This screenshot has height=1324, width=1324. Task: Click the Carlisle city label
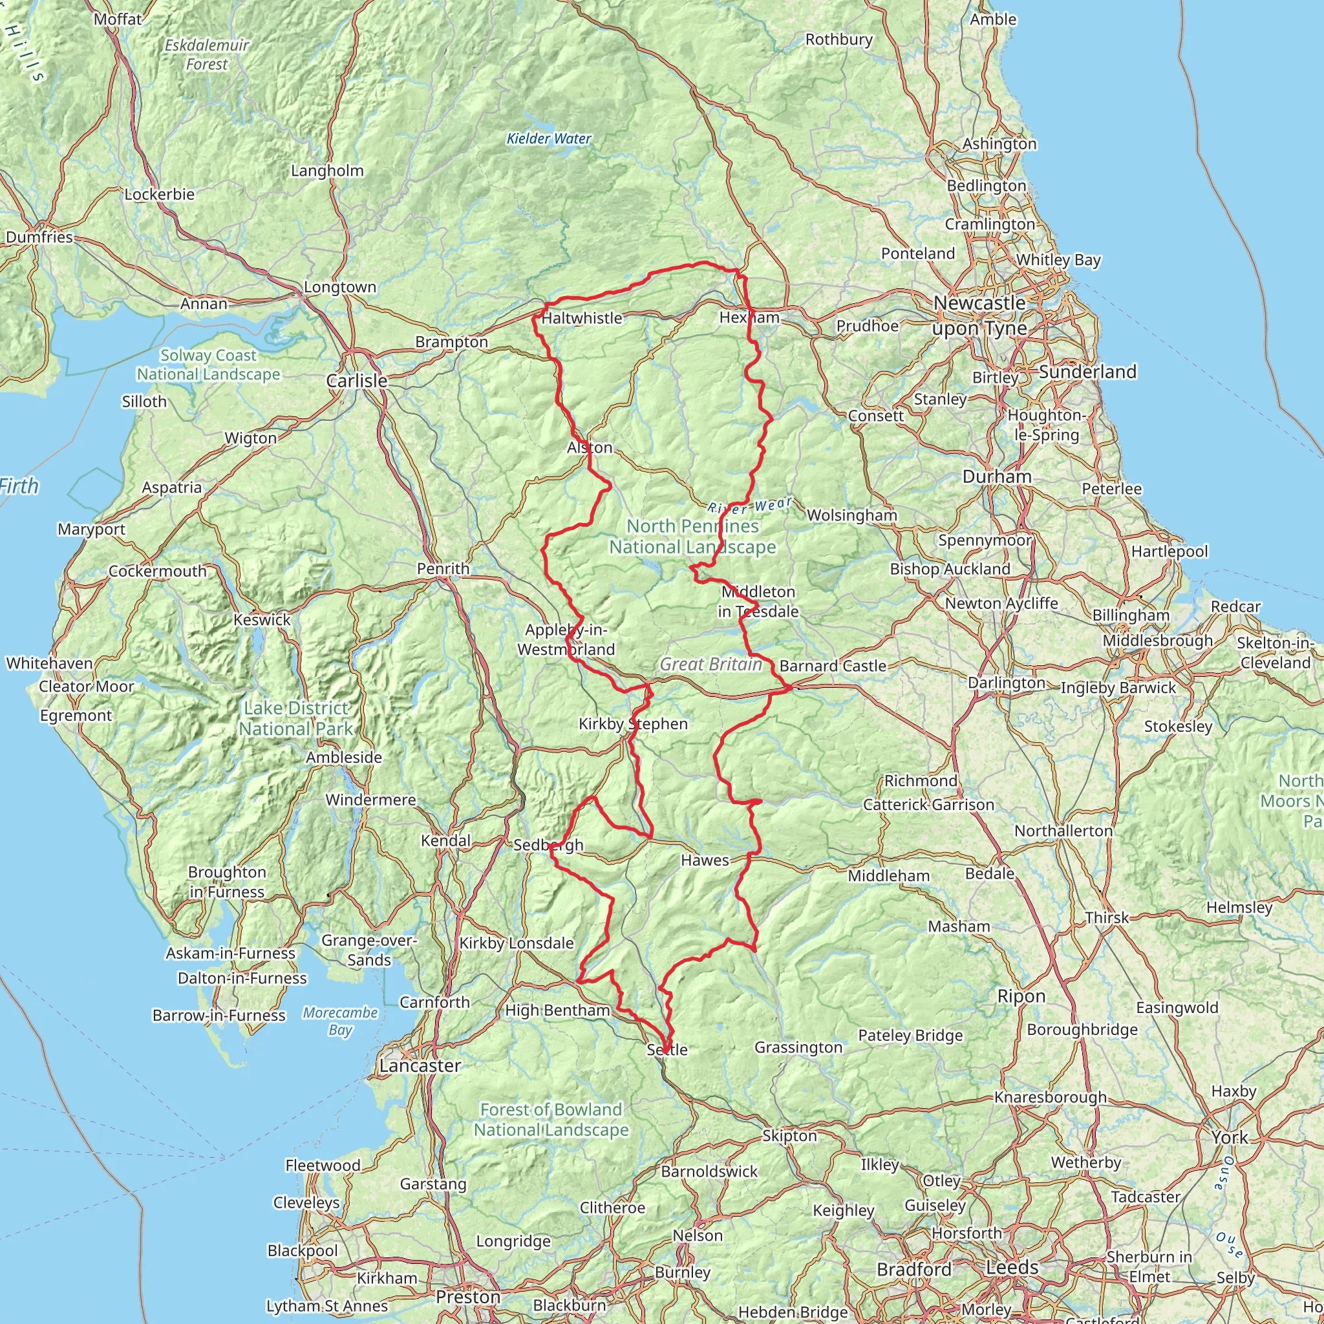pyautogui.click(x=356, y=380)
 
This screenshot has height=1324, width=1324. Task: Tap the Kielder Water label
pyautogui.click(x=548, y=138)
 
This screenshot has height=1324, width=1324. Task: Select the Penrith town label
pyautogui.click(x=443, y=568)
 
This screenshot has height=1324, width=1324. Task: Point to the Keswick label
pyautogui.click(x=262, y=619)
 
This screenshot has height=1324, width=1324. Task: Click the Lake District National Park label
pyautogui.click(x=296, y=718)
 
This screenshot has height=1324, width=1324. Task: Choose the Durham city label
pyautogui.click(x=996, y=476)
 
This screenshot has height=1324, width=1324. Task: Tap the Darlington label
pyautogui.click(x=1006, y=683)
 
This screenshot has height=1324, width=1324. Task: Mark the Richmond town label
pyautogui.click(x=921, y=780)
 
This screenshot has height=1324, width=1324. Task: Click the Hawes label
pyautogui.click(x=705, y=860)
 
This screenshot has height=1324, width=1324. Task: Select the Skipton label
pyautogui.click(x=789, y=1135)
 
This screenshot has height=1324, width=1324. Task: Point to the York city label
pyautogui.click(x=1230, y=1137)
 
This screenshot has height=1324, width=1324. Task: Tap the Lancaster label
pyautogui.click(x=420, y=1065)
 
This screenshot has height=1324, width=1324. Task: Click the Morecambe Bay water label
pyautogui.click(x=340, y=1021)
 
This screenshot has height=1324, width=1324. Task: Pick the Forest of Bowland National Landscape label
pyautogui.click(x=551, y=1119)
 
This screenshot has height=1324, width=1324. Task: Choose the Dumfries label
pyautogui.click(x=39, y=237)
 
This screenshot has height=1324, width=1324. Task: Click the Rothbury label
pyautogui.click(x=838, y=39)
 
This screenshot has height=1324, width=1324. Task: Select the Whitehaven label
pyautogui.click(x=49, y=663)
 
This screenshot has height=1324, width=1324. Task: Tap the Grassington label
pyautogui.click(x=798, y=1047)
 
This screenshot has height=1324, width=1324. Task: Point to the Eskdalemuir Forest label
pyautogui.click(x=207, y=55)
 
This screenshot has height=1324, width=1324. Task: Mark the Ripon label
pyautogui.click(x=1021, y=996)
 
